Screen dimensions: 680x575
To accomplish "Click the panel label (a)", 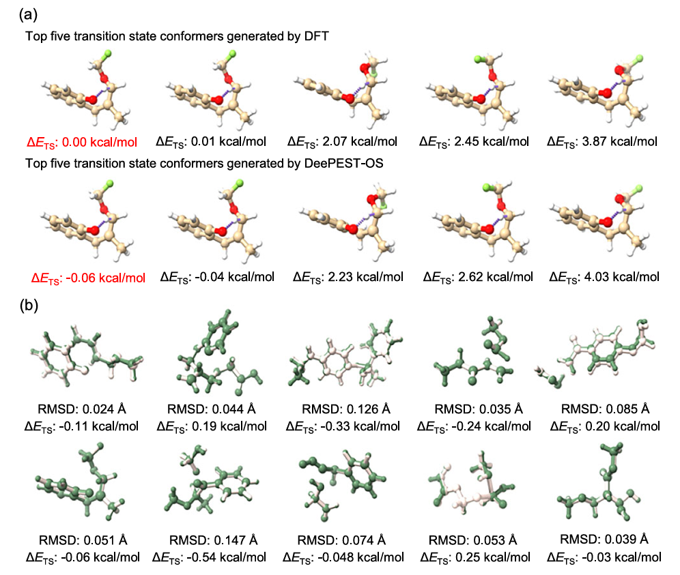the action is coord(28,15).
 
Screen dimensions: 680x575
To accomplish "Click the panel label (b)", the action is coord(29,306).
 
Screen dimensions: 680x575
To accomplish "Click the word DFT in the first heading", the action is coord(317,36).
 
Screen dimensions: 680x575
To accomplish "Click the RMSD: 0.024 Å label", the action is coord(82,409).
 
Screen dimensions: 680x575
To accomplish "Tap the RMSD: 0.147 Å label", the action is coord(214,540).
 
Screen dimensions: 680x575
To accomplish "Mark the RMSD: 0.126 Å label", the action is coord(346,409).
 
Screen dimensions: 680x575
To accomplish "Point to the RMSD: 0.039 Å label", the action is coord(604,539).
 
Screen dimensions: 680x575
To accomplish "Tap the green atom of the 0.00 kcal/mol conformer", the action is coord(107,54).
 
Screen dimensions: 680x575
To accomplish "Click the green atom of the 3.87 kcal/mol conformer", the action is coord(639,59).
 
